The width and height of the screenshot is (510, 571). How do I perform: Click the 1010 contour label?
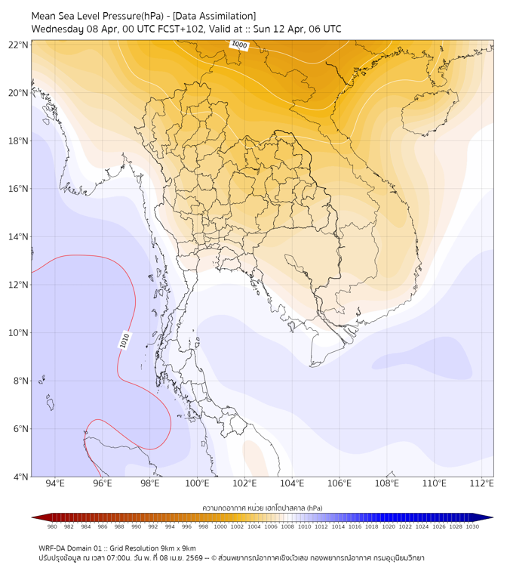[x=124, y=341]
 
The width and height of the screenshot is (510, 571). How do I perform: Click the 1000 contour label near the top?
[x=239, y=45]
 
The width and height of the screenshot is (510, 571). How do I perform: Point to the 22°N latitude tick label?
[x=18, y=45]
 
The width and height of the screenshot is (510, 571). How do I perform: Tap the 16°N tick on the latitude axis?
[x=18, y=189]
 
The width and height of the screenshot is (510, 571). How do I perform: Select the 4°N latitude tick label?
[x=20, y=477]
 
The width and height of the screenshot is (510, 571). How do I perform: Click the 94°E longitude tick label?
[x=55, y=483]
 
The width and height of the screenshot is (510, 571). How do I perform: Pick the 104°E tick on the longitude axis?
[x=292, y=483]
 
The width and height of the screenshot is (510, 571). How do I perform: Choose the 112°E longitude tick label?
[x=482, y=483]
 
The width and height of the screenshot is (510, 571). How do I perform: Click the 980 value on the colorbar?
[x=52, y=526]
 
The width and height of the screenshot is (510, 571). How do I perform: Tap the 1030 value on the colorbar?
[x=473, y=526]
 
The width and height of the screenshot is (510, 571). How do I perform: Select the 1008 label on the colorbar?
[x=287, y=526]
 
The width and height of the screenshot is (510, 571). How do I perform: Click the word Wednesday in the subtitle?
[x=58, y=29]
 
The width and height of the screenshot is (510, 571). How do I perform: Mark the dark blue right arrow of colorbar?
[x=488, y=517]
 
